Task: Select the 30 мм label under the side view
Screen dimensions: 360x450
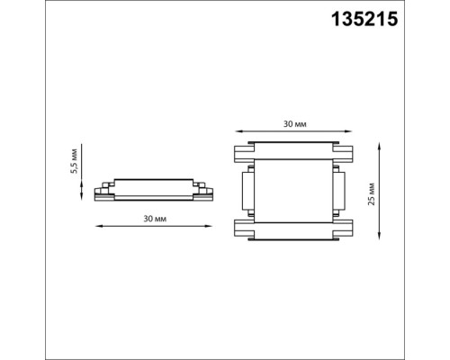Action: pos(155,219)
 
